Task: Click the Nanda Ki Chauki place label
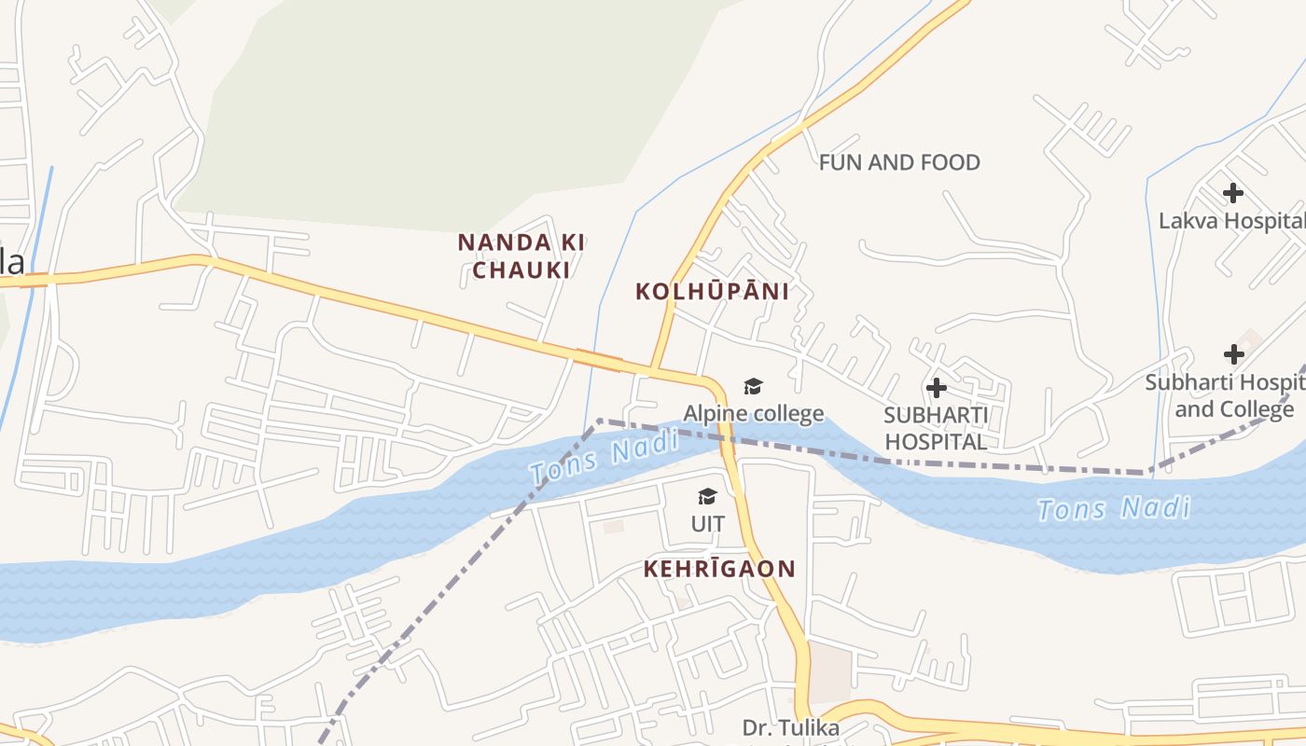point(521,256)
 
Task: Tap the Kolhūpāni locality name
point(712,292)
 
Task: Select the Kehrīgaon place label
point(719,569)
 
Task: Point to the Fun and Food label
point(899,163)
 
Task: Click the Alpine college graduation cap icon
point(753,386)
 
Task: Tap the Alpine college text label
point(754,413)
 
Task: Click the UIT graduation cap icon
point(708,496)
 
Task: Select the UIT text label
point(708,524)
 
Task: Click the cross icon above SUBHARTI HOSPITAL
point(937,388)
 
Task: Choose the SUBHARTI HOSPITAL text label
point(936,429)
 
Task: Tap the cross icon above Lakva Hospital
point(1233,193)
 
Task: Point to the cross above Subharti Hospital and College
point(1234,354)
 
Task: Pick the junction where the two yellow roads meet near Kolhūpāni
point(653,369)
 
